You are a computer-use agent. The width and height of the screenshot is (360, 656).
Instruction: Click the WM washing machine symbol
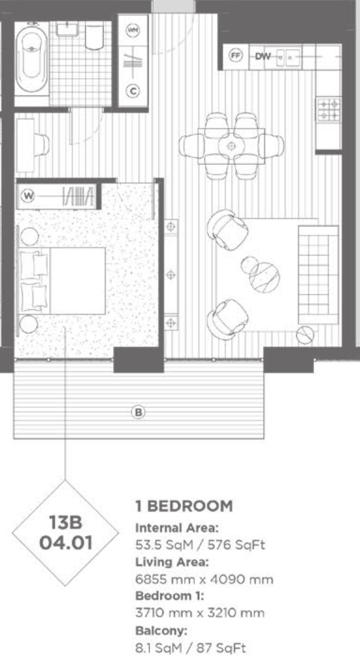[x=133, y=29]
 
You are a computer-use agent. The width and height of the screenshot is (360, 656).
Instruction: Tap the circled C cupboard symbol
[x=133, y=91]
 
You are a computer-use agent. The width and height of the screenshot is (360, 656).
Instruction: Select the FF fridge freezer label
[x=235, y=56]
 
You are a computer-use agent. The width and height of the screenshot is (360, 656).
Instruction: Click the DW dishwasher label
[x=263, y=56]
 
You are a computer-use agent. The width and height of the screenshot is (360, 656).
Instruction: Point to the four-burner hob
[x=328, y=110]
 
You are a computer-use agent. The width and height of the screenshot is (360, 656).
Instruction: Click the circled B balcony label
[x=138, y=412]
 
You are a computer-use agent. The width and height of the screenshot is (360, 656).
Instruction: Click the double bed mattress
[x=77, y=281]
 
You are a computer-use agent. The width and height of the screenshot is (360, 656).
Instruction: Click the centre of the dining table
[x=231, y=146]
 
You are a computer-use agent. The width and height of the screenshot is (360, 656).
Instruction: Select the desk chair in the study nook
[x=42, y=145]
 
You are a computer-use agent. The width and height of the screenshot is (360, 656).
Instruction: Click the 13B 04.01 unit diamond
[x=66, y=532]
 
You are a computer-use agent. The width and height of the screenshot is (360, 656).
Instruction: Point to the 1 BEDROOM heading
[x=184, y=506]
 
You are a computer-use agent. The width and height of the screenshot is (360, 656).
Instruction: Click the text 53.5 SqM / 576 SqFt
[x=200, y=545]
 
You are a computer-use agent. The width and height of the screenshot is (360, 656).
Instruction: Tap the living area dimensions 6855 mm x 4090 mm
[x=204, y=580]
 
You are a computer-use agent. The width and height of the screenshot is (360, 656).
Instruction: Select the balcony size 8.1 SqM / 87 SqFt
[x=190, y=648]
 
